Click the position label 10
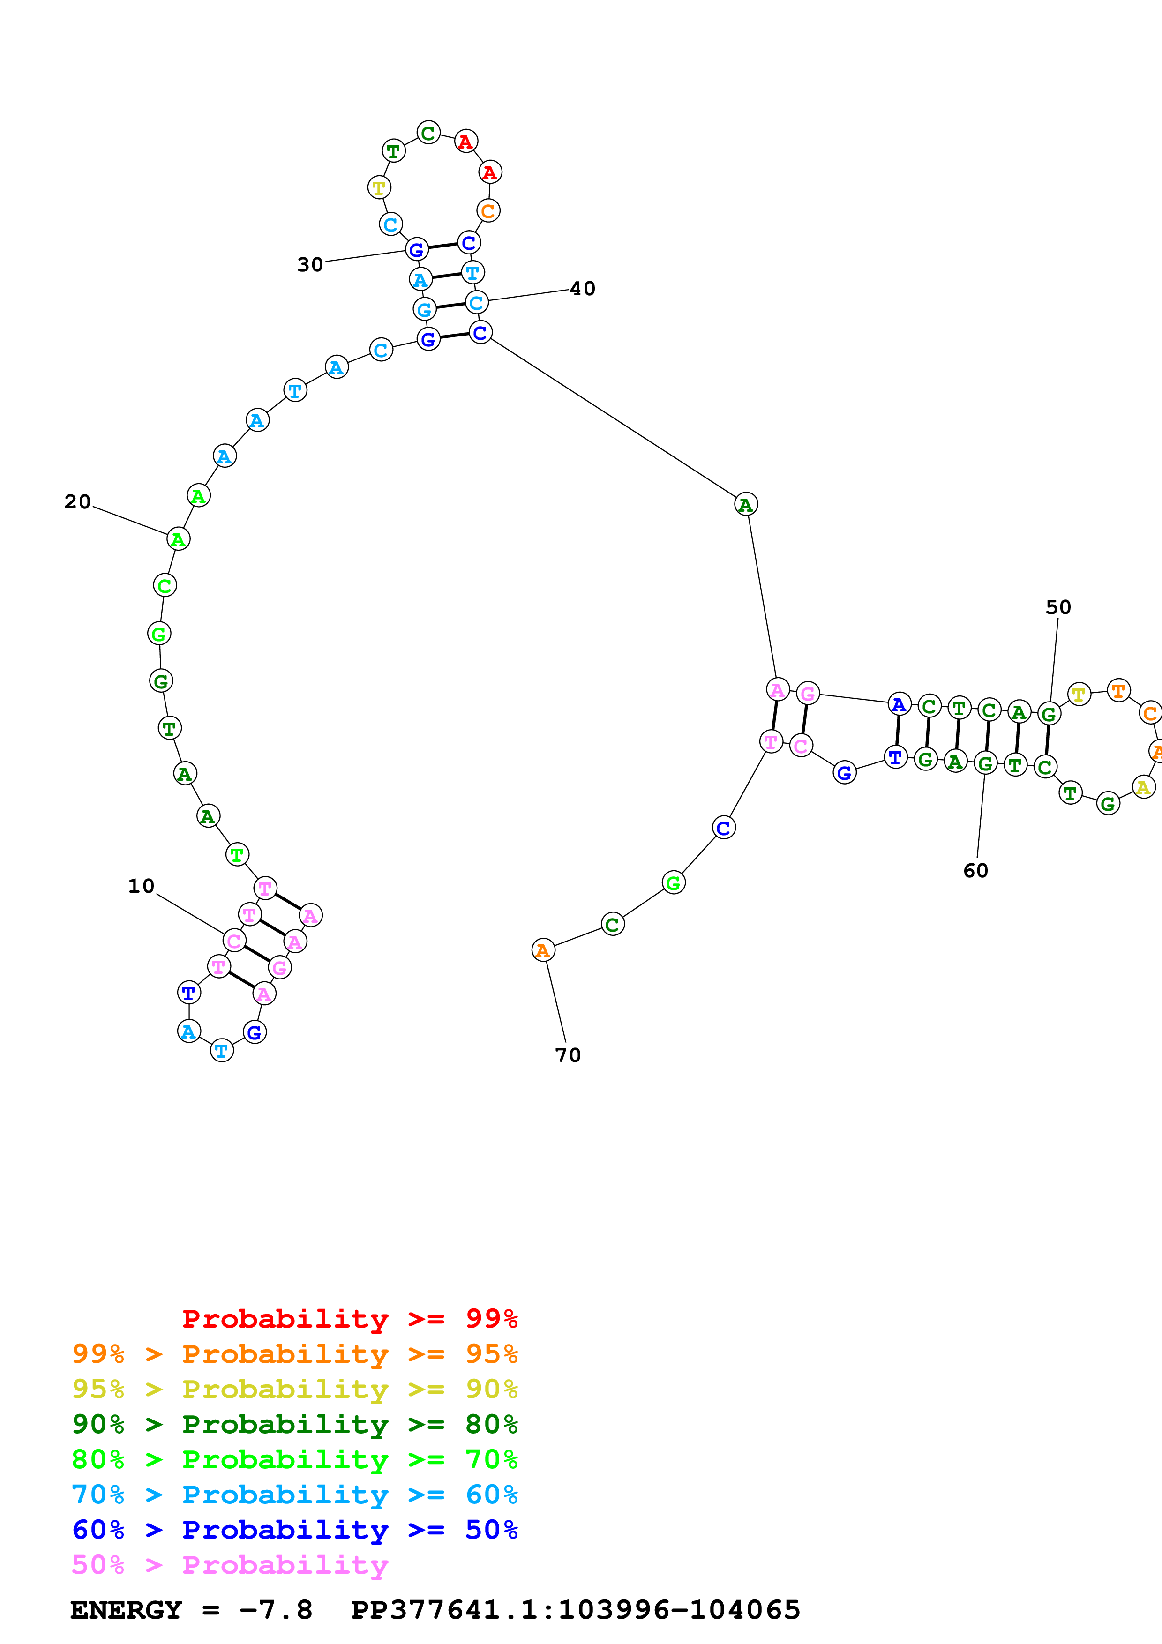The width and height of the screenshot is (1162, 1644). [x=141, y=887]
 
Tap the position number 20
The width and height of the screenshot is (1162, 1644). [x=77, y=502]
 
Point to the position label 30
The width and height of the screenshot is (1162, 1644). [x=310, y=265]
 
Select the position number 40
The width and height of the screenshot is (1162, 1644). [x=582, y=289]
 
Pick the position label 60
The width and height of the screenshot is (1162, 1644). [x=975, y=871]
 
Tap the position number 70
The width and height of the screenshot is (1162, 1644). [x=568, y=1055]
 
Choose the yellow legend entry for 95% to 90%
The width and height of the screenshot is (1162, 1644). [x=294, y=1389]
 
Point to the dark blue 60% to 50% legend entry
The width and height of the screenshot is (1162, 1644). [x=294, y=1530]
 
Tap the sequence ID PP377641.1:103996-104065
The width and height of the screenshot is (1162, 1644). [x=575, y=1610]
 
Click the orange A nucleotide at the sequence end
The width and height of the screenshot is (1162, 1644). [x=543, y=950]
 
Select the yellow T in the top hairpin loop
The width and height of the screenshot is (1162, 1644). [x=379, y=187]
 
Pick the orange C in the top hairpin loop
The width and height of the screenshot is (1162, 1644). [x=487, y=210]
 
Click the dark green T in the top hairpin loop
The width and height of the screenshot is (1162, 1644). [x=393, y=151]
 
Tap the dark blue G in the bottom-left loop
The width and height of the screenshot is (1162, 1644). [x=254, y=1032]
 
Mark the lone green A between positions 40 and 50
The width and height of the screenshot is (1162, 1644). [x=745, y=505]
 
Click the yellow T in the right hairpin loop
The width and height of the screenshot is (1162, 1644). [x=1078, y=694]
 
